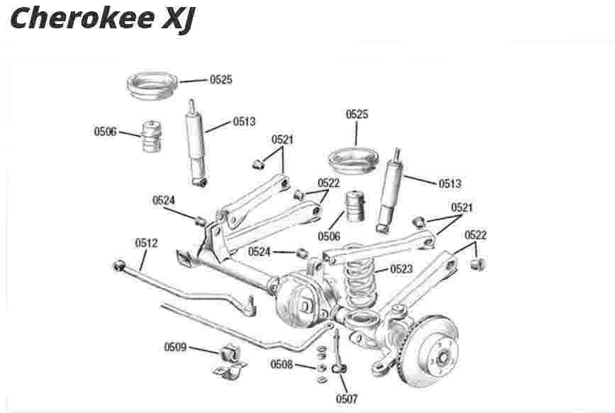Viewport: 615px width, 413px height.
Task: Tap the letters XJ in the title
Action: pyautogui.click(x=179, y=21)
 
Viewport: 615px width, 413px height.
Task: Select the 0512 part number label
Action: pyautogui.click(x=146, y=243)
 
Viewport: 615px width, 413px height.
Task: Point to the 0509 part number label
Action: pyautogui.click(x=175, y=347)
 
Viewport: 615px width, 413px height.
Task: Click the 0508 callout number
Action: pyautogui.click(x=282, y=364)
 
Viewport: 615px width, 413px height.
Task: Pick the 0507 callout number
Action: pyautogui.click(x=347, y=399)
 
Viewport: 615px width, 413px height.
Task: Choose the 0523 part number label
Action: pyautogui.click(x=401, y=268)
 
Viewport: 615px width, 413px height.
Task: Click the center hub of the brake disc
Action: pyautogui.click(x=443, y=357)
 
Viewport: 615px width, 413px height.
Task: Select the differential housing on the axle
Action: pyautogui.click(x=298, y=300)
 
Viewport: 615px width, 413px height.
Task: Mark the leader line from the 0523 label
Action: pyautogui.click(x=382, y=271)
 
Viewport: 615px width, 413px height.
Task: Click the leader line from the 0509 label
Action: pyautogui.click(x=204, y=350)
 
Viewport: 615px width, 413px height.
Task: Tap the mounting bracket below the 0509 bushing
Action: pyautogui.click(x=231, y=371)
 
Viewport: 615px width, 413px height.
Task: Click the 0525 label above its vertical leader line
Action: pyautogui.click(x=357, y=114)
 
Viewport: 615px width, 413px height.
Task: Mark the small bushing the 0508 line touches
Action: pyautogui.click(x=321, y=368)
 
